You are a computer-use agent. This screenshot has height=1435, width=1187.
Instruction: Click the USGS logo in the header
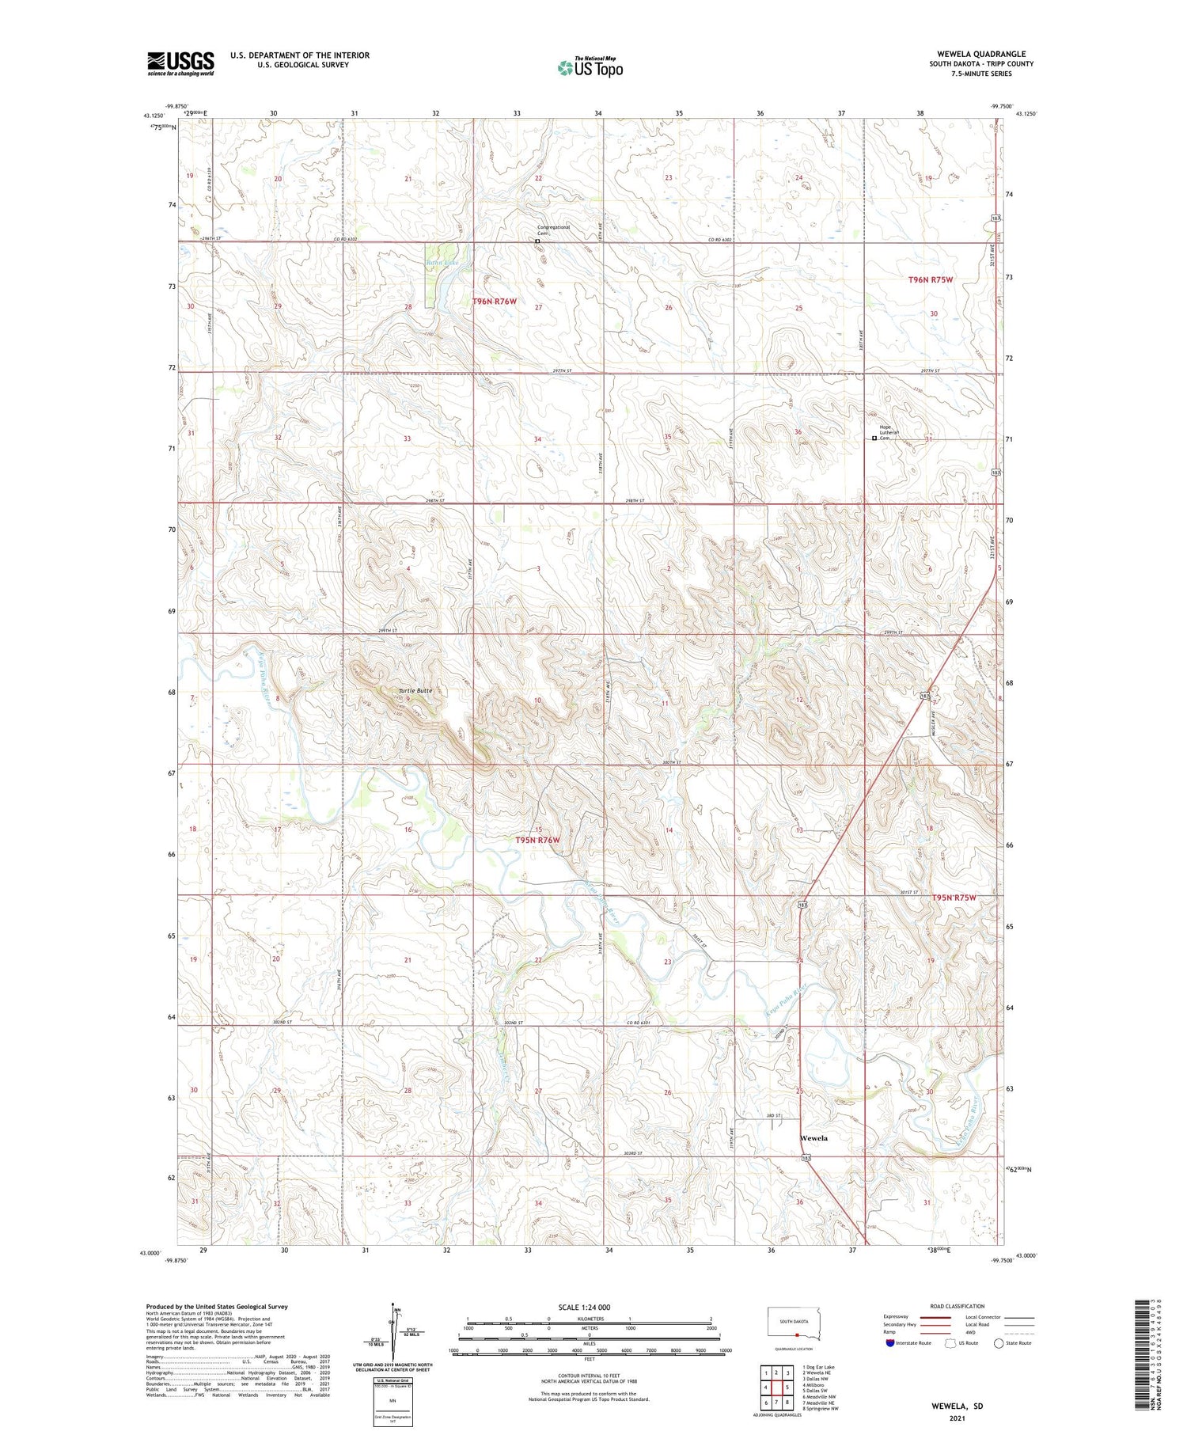pos(180,63)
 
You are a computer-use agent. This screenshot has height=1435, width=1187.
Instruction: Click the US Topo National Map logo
pos(590,67)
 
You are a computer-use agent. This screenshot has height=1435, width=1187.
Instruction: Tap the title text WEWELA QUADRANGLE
pos(980,54)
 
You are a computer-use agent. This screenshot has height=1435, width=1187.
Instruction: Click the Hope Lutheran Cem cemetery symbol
pos(874,438)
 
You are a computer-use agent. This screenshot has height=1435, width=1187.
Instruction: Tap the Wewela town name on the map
pos(813,1138)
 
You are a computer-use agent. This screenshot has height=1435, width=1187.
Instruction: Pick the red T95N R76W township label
pos(537,840)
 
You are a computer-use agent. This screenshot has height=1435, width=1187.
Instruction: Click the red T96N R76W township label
pos(495,301)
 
